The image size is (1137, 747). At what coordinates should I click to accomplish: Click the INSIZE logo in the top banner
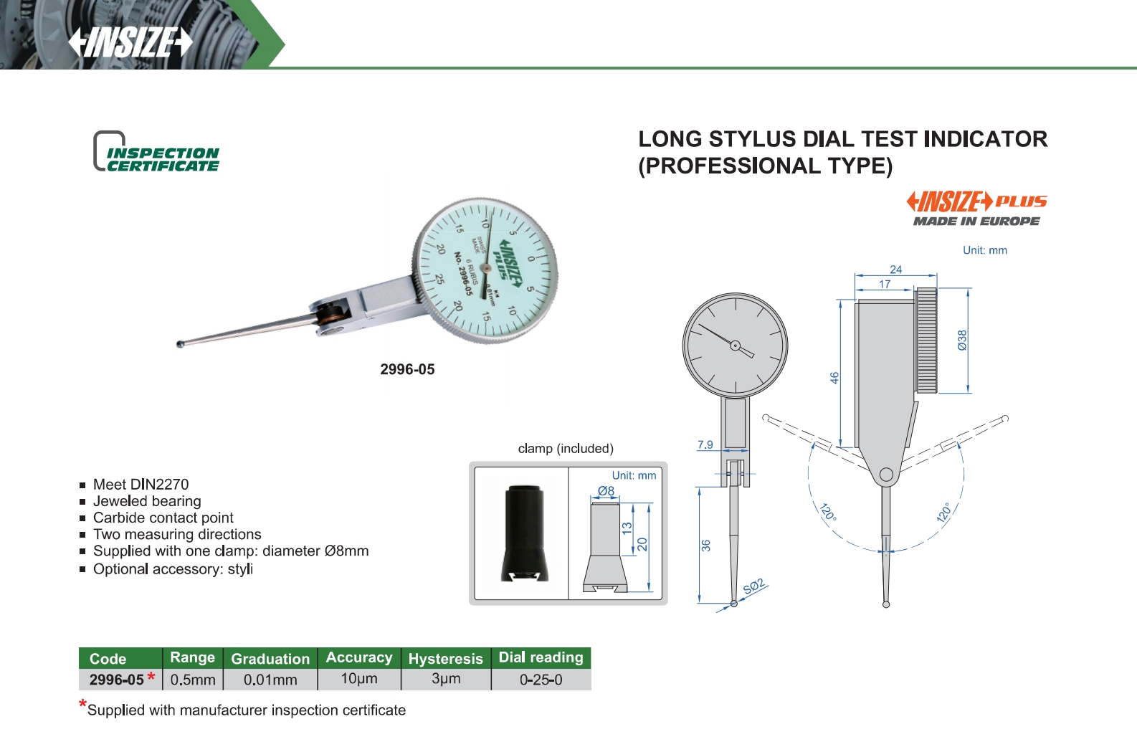click(130, 42)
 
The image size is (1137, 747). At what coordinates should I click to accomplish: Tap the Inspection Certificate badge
click(156, 151)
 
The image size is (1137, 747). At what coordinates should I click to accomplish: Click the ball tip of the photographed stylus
click(180, 344)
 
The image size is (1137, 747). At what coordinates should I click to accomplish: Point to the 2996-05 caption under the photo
click(407, 369)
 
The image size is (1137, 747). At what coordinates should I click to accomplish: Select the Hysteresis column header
click(446, 658)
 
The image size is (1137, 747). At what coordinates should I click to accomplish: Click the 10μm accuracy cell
click(359, 679)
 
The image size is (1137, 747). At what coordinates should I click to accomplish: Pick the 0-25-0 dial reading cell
click(541, 680)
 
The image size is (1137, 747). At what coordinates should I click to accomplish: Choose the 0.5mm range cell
click(193, 680)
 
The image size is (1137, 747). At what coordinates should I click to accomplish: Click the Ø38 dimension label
click(962, 340)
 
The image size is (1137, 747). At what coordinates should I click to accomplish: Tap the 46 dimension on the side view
click(834, 378)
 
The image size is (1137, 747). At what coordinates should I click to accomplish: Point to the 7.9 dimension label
click(705, 444)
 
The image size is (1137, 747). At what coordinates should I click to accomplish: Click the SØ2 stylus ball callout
click(753, 586)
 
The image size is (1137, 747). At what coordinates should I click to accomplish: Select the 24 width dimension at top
click(896, 270)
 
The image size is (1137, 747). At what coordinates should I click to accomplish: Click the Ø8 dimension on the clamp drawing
click(606, 491)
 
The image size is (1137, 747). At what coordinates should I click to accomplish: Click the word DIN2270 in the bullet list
click(159, 484)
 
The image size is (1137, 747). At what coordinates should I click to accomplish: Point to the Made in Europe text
click(976, 222)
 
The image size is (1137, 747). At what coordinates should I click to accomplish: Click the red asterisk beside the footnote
click(82, 704)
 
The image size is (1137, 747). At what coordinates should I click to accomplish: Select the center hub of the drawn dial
click(735, 346)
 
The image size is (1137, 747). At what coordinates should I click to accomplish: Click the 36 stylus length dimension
click(705, 546)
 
